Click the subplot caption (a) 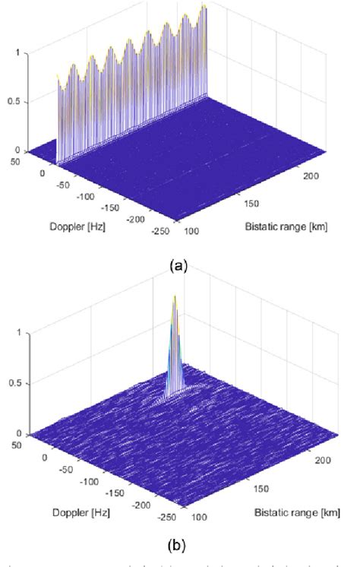179,265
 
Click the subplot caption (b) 179,546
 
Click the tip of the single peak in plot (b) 175,296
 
